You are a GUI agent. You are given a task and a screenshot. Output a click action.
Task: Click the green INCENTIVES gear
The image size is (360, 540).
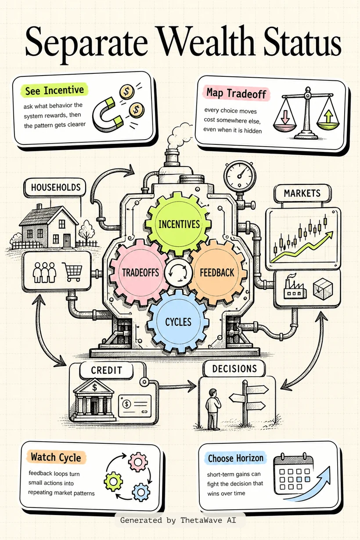179,224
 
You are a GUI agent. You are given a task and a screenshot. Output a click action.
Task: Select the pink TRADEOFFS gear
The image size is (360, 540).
140,272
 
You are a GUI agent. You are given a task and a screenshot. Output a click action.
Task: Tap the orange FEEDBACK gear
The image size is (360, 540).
217,272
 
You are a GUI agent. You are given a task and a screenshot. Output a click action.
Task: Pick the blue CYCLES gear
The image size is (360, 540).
178,322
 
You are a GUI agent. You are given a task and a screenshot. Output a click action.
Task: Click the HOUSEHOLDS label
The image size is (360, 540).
56,187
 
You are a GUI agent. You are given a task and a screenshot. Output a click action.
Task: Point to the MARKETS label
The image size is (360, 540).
302,193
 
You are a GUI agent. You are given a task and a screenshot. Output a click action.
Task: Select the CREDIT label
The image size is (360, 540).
106,370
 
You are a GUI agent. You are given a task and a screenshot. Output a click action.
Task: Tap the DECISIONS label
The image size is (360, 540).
234,369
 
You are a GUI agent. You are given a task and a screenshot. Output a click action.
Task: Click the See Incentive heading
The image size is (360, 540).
54,90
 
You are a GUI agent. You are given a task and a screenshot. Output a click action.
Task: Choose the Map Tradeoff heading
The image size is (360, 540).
236,93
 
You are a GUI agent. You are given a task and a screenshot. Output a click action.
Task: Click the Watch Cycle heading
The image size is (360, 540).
56,457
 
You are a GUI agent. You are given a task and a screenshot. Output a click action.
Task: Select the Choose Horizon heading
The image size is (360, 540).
236,458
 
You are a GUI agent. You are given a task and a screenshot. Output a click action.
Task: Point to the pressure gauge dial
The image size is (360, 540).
239,176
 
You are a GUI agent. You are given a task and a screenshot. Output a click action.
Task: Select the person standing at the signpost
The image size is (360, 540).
212,408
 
